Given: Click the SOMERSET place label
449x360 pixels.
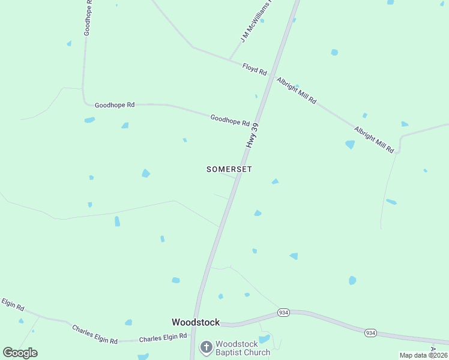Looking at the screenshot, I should [x=229, y=169].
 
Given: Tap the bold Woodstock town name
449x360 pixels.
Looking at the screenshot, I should [x=196, y=322].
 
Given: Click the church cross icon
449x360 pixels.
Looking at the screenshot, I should [x=206, y=347].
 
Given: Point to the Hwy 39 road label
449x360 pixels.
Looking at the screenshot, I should [x=253, y=136].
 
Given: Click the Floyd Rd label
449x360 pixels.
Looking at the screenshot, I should [x=255, y=68].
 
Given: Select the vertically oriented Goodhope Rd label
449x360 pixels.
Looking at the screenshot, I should [x=88, y=18].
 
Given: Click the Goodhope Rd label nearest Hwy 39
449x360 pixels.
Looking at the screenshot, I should [x=230, y=120].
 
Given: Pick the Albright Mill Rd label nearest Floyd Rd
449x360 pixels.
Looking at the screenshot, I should [x=296, y=91].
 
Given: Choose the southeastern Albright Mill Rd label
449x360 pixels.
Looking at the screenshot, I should [x=373, y=139].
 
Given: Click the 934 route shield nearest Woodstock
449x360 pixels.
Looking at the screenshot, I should [x=283, y=313].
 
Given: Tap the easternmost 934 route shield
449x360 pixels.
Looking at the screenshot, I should [x=370, y=332].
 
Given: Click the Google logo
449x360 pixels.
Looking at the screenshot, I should [x=20, y=353].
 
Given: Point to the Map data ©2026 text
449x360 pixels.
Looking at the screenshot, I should [x=424, y=355].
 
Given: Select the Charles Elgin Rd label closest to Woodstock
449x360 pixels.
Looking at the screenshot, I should [x=158, y=338].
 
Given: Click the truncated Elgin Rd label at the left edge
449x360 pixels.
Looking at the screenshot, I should [x=12, y=304].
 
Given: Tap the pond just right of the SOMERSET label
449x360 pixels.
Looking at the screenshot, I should [x=275, y=181].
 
